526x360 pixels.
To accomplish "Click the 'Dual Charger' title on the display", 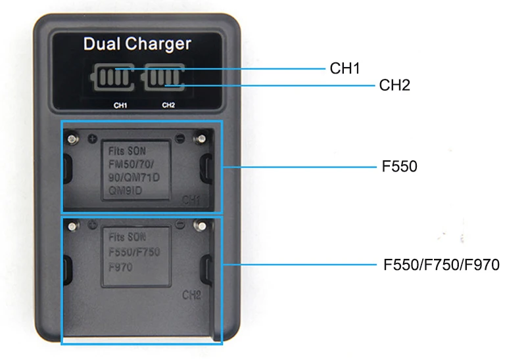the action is tap(137, 44).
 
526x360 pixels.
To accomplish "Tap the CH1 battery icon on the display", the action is tap(112, 77).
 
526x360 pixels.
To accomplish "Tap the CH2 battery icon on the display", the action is tap(163, 77).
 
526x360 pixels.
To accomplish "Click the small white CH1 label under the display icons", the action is tap(120, 106).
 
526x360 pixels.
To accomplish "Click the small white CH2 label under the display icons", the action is tap(168, 105).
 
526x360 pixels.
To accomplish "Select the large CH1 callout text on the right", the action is tap(345, 68).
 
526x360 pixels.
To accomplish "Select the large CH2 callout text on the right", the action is tap(394, 85).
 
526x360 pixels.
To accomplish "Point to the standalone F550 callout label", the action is tap(400, 166).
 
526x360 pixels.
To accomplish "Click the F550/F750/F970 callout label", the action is tap(441, 265).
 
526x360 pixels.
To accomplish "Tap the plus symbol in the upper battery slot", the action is tap(92, 139).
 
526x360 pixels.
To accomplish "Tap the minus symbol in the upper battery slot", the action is tap(180, 138).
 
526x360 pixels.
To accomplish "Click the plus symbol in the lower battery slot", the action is tap(92, 225).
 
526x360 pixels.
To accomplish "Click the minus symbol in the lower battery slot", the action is tap(180, 224).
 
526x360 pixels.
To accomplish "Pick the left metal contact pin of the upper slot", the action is tap(72, 139).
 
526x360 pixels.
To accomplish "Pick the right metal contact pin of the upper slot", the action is tap(201, 139).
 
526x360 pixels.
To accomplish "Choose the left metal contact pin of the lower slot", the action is tap(72, 227).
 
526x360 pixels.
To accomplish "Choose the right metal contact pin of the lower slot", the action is tap(202, 226).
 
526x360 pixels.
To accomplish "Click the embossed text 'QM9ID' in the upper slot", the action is tap(126, 191).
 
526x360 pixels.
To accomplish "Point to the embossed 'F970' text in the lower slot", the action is tap(120, 267).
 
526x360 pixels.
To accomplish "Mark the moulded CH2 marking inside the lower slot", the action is tap(191, 295).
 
